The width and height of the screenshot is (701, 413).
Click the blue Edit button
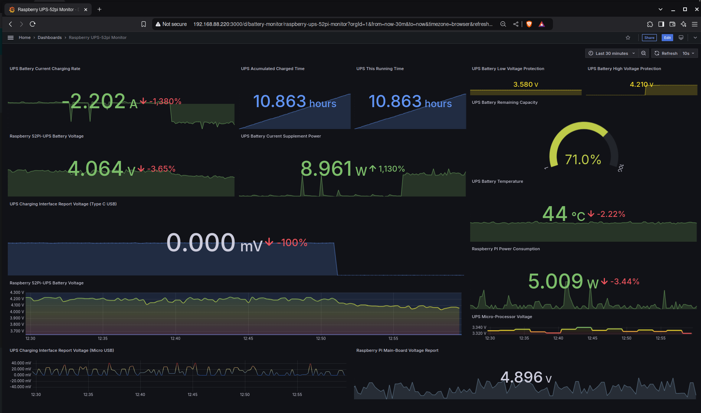tap(667, 37)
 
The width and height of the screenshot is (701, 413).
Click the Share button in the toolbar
tap(649, 37)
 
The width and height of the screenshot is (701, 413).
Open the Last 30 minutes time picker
tap(612, 53)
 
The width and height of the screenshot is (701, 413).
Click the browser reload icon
tap(33, 24)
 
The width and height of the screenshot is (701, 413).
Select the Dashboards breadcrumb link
tap(50, 37)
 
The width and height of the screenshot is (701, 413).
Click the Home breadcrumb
tap(24, 37)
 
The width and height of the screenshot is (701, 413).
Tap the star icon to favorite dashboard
tap(628, 37)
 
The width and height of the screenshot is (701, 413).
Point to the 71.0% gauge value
tap(583, 160)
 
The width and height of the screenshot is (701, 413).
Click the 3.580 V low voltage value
tap(525, 85)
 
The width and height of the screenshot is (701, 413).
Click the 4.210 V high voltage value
tap(641, 85)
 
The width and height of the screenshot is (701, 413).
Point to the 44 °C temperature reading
tap(563, 214)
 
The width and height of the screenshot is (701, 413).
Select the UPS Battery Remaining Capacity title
tap(504, 102)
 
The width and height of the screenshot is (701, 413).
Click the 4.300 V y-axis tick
tap(17, 293)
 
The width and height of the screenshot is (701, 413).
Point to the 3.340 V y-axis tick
tap(479, 327)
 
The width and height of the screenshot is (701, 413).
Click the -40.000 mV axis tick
tap(21, 387)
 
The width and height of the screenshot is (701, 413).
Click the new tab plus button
tap(99, 9)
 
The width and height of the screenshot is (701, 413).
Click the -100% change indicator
tap(292, 243)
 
